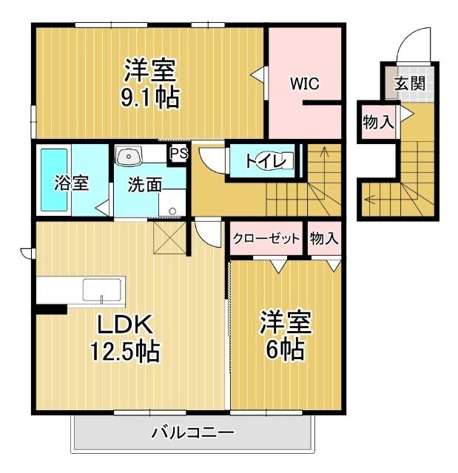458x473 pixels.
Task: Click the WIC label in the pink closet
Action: coord(304,84)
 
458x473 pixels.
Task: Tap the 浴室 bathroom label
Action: coord(72,183)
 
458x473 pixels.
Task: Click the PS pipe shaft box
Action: coord(178,153)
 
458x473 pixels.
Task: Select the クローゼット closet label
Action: coord(266,238)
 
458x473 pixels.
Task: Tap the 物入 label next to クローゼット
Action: coord(324,238)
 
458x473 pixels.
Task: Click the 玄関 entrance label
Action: coord(409,83)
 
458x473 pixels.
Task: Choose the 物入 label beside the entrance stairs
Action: coord(377,123)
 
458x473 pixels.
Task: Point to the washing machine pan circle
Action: coord(172,210)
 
